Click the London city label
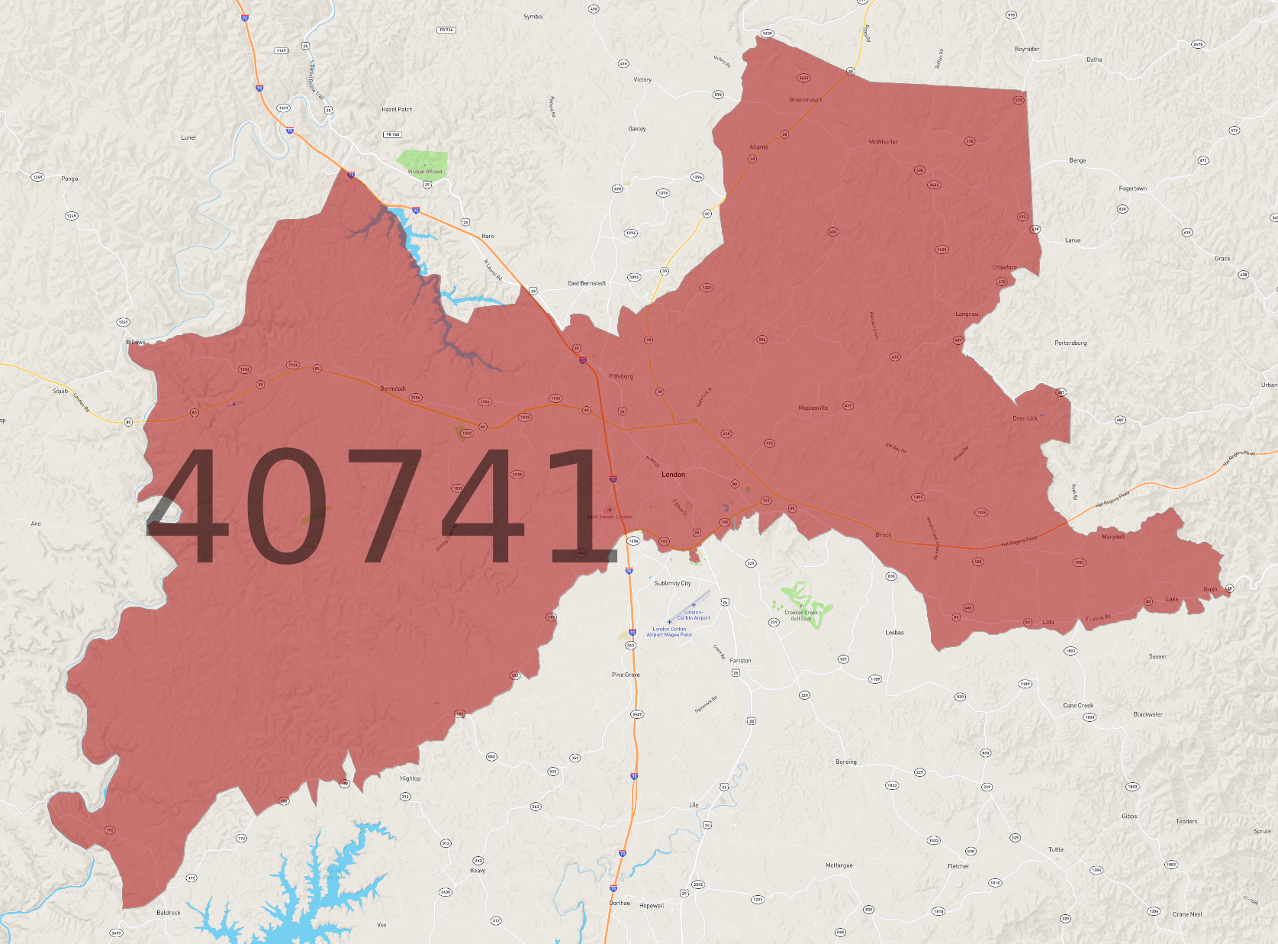(673, 475)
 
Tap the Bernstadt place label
(393, 389)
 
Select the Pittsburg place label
(621, 376)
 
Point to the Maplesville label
(813, 408)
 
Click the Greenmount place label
(805, 100)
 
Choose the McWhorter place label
(883, 142)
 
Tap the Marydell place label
(1113, 536)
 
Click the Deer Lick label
(1025, 418)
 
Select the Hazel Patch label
(397, 110)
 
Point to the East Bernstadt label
(587, 283)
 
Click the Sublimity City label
(672, 584)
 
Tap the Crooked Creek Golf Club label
(801, 615)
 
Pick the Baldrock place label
(169, 913)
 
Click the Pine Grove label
(626, 675)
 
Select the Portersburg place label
(1070, 343)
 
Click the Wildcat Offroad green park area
(422, 162)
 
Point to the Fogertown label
(1132, 188)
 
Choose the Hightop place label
(410, 779)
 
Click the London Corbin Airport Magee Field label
(669, 632)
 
